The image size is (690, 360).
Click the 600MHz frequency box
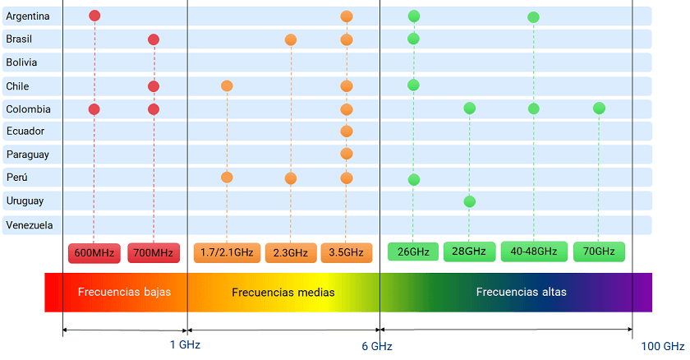(x=94, y=252)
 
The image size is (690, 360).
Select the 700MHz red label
(x=154, y=252)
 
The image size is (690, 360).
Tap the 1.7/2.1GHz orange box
(x=227, y=252)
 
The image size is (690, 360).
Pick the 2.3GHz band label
(x=290, y=252)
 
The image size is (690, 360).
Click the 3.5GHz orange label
(x=347, y=252)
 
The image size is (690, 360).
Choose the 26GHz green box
(x=413, y=252)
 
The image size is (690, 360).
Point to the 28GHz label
(x=469, y=252)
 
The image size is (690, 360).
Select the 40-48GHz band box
(x=533, y=252)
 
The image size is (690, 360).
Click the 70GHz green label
(x=599, y=252)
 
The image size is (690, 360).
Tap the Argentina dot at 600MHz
(x=94, y=16)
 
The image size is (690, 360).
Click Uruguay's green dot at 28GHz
(x=469, y=201)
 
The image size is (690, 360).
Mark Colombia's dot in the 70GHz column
(x=599, y=108)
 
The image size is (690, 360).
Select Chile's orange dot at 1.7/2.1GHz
(x=227, y=85)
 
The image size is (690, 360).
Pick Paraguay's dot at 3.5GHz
(x=347, y=154)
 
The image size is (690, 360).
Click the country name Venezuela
(x=29, y=225)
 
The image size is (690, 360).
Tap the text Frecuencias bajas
(x=124, y=292)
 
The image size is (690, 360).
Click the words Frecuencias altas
(x=521, y=292)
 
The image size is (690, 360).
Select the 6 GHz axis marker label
(x=376, y=346)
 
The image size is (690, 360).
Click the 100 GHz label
(x=662, y=346)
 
